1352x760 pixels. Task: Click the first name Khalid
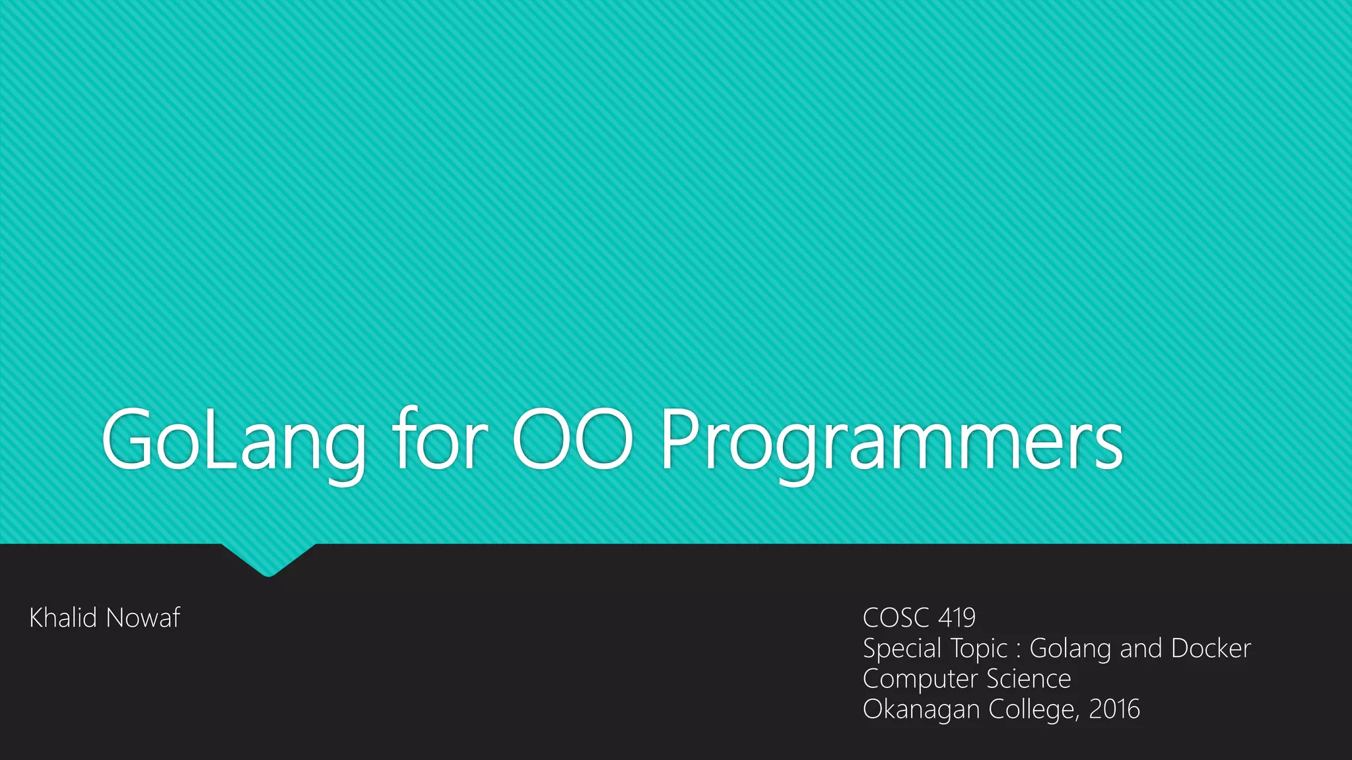pyautogui.click(x=63, y=617)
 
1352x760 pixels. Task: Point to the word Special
pyautogui.click(x=902, y=649)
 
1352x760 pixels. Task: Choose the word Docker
pyautogui.click(x=1211, y=648)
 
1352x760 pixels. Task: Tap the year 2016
pyautogui.click(x=1114, y=709)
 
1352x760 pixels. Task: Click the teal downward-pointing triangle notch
pyautogui.click(x=268, y=557)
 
